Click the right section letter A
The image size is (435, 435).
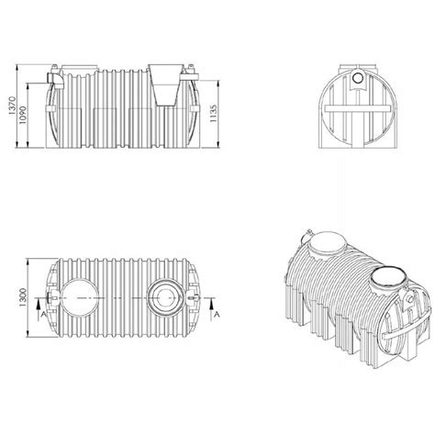tap(216, 314)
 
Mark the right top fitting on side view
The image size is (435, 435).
tap(191, 69)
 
